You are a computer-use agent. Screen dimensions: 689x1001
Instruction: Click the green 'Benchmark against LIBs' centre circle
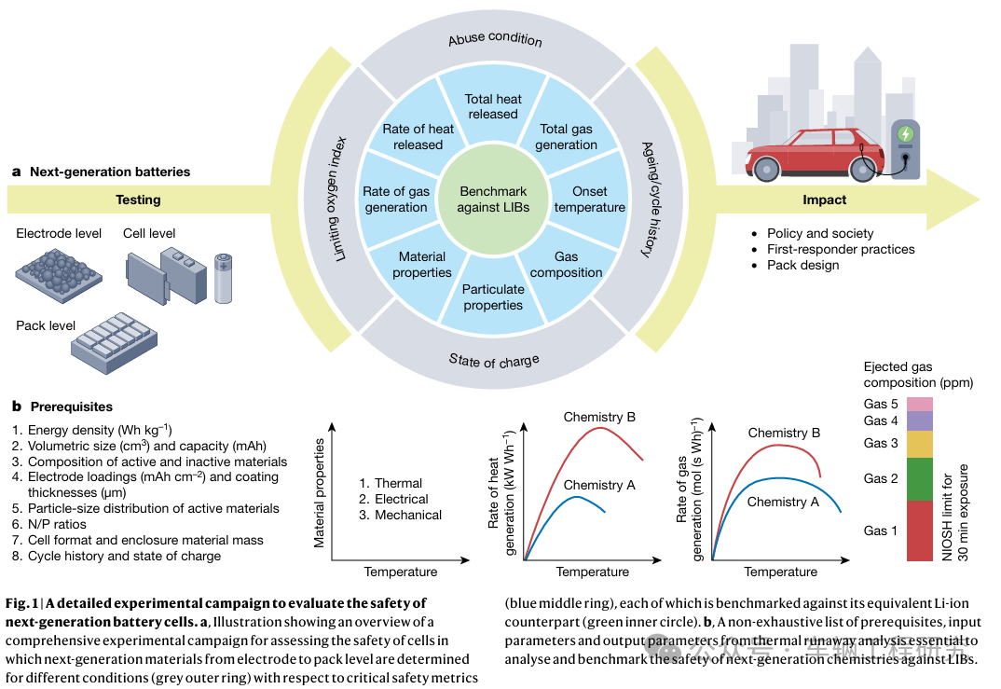pyautogui.click(x=494, y=200)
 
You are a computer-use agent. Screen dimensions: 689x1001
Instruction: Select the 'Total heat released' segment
pyautogui.click(x=493, y=106)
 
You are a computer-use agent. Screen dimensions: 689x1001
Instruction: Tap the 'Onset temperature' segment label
pyautogui.click(x=589, y=200)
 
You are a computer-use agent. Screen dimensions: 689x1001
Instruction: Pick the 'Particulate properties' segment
pyautogui.click(x=493, y=296)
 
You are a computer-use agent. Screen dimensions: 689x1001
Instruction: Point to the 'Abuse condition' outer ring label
pyautogui.click(x=495, y=39)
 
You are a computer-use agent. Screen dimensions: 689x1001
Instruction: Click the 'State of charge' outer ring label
pyautogui.click(x=494, y=360)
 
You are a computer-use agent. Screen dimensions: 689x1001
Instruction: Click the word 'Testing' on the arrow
pyautogui.click(x=138, y=200)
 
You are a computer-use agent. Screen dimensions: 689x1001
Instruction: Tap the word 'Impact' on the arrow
pyautogui.click(x=824, y=200)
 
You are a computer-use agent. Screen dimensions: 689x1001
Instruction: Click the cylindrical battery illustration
pyautogui.click(x=224, y=278)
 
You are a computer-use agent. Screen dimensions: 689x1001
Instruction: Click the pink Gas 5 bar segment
pyautogui.click(x=919, y=404)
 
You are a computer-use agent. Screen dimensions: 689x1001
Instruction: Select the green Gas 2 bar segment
pyautogui.click(x=919, y=479)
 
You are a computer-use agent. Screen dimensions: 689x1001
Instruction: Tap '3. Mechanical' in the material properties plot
pyautogui.click(x=401, y=515)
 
